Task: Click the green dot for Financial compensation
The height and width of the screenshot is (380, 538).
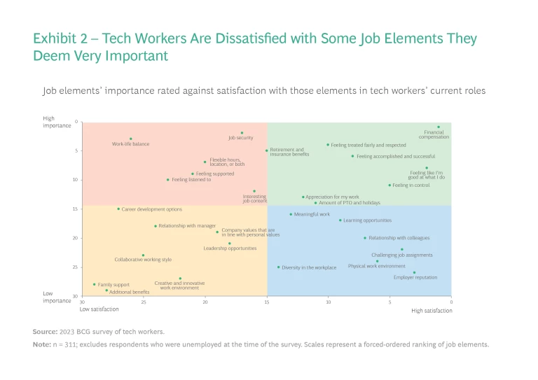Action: [x=439, y=127]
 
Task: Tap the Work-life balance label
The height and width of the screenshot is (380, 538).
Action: [x=131, y=144]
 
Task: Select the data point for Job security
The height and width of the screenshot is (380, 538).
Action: [x=242, y=133]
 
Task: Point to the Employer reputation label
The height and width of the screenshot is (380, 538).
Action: [x=415, y=277]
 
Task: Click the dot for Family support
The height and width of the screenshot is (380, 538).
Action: [x=95, y=285]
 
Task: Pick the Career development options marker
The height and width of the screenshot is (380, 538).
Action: [x=118, y=209]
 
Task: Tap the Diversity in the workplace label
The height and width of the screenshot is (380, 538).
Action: [x=309, y=267]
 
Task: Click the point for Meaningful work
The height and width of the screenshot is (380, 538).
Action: [x=291, y=214]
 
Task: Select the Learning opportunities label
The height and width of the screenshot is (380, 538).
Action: [x=367, y=220]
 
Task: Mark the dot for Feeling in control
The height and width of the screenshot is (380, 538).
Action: [x=389, y=185]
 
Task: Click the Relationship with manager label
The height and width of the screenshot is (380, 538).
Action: [x=187, y=226]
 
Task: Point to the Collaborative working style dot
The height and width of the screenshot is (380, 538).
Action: [x=143, y=255]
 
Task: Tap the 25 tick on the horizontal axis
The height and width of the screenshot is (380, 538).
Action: [x=144, y=302]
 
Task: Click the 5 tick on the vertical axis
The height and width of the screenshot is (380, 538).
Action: [x=76, y=150]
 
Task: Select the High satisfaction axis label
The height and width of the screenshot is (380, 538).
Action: [x=432, y=310]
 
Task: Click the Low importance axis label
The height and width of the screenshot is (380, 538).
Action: [x=57, y=297]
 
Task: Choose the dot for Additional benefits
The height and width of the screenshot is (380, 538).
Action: [x=106, y=290]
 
